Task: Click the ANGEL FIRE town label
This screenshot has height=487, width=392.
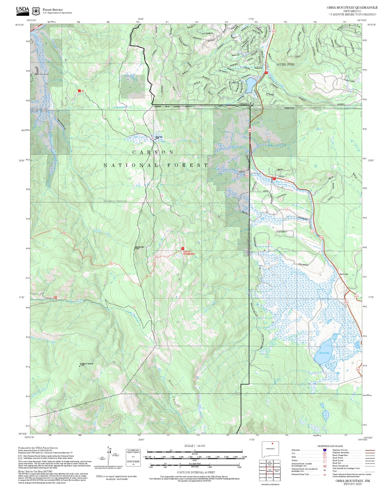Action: pos(285,64)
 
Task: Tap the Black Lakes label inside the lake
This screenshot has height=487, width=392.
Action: pos(324,353)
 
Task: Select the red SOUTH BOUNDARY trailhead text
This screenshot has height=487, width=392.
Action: pos(189,253)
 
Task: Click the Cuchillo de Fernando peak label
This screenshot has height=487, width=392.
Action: pos(87,363)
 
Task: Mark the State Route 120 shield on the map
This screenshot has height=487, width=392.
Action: pos(356,296)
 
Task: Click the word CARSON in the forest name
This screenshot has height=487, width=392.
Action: pos(153,152)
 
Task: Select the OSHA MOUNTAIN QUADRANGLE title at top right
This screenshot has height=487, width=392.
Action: pos(352,7)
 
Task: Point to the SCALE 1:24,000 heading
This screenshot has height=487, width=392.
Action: pos(195,446)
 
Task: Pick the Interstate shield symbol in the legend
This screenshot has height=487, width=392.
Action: pos(324,450)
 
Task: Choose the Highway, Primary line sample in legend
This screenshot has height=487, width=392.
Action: pos(370,450)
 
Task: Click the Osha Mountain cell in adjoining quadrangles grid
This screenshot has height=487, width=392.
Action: pos(269,470)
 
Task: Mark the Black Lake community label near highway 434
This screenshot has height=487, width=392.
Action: pos(344,274)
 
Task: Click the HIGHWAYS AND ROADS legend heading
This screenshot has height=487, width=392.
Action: pos(330,446)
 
